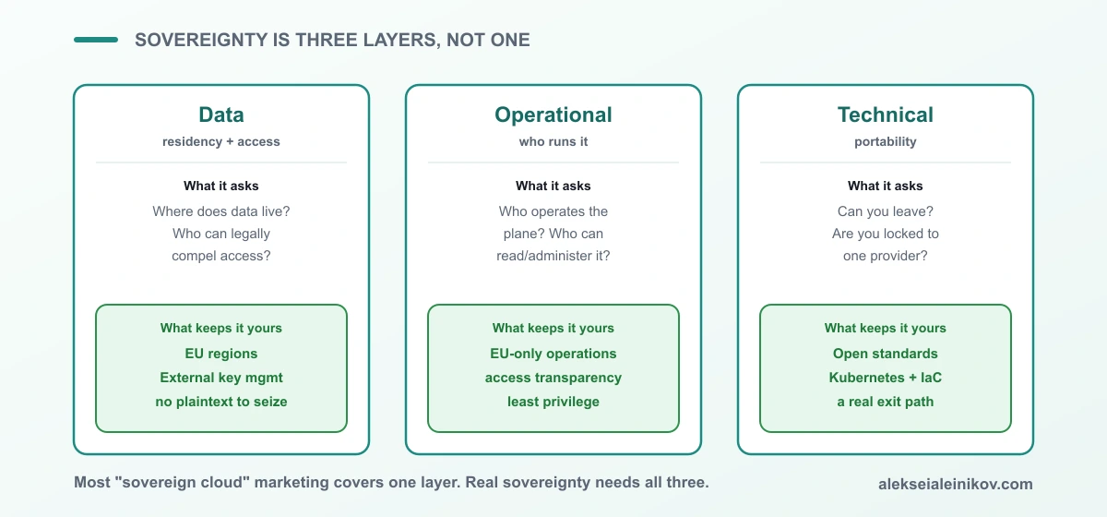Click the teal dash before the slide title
tap(96, 40)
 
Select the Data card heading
tap(221, 114)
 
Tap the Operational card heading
tap(553, 114)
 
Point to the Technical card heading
tap(886, 114)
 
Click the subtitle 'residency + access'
tap(221, 141)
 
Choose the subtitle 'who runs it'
tap(553, 141)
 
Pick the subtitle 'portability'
tap(886, 142)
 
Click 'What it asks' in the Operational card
tap(553, 186)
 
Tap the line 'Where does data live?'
tap(221, 211)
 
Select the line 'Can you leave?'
tap(886, 211)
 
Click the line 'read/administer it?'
tap(553, 256)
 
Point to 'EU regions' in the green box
tap(221, 354)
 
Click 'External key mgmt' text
tap(221, 378)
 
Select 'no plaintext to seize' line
tap(221, 402)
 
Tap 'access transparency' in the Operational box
tap(553, 378)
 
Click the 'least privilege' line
tap(553, 402)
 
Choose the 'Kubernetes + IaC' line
tap(886, 378)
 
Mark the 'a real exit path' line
tap(886, 402)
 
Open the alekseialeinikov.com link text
tap(956, 484)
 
